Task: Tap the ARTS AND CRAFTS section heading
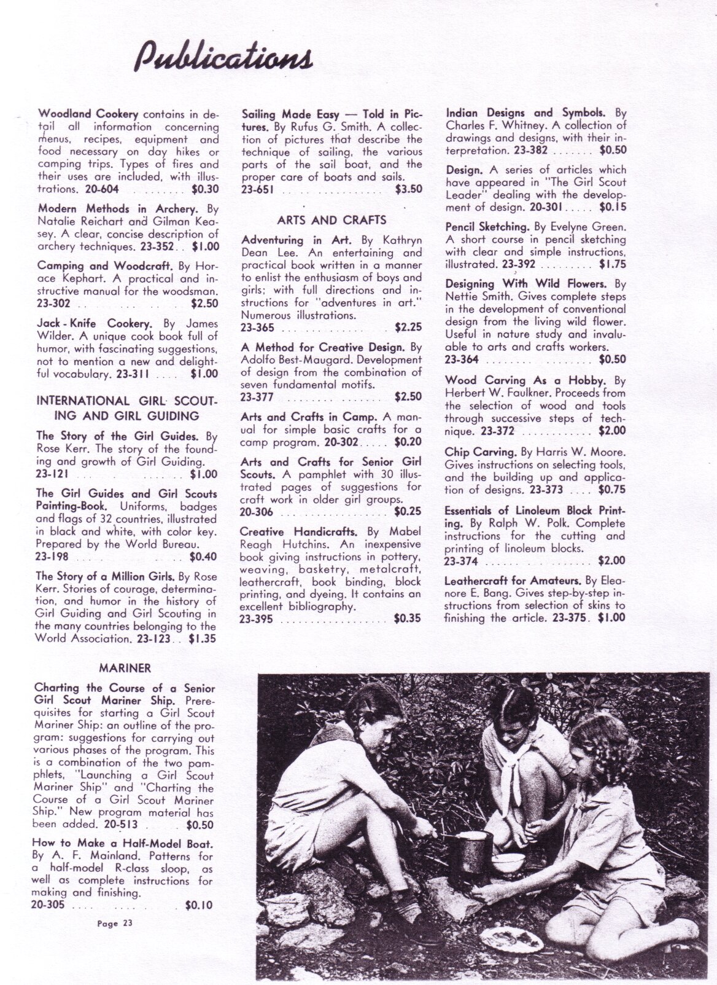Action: pyautogui.click(x=331, y=220)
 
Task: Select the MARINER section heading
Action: pyautogui.click(x=125, y=668)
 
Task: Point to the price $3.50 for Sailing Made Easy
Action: pyautogui.click(x=408, y=189)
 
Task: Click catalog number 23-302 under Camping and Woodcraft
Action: pyautogui.click(x=54, y=304)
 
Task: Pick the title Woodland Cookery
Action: pyautogui.click(x=89, y=114)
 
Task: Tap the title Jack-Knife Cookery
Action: pyautogui.click(x=95, y=323)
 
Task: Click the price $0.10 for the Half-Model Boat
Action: pyautogui.click(x=199, y=906)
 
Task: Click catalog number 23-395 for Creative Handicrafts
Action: pyautogui.click(x=257, y=619)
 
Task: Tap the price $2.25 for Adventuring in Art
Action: pyautogui.click(x=408, y=328)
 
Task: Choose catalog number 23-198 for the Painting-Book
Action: pyautogui.click(x=52, y=557)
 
